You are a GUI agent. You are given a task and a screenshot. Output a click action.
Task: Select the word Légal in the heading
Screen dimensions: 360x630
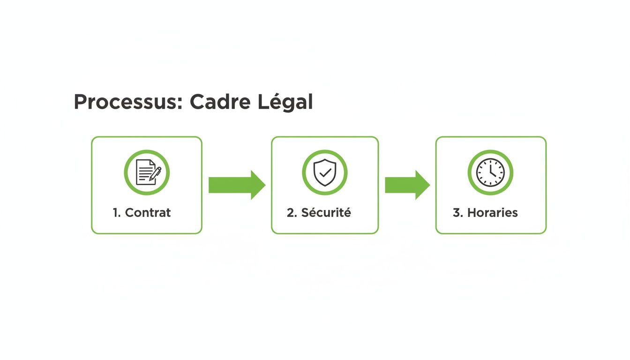coord(285,102)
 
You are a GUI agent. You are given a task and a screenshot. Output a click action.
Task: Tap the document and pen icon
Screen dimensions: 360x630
coord(147,172)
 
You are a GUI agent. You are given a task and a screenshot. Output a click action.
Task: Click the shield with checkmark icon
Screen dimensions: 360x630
coord(324,172)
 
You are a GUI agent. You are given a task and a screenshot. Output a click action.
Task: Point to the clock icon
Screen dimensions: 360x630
coord(490,172)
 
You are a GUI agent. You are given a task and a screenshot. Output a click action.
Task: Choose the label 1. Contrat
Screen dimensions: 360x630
coord(142,213)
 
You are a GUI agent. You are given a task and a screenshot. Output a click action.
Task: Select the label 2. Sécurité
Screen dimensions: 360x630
coord(319,213)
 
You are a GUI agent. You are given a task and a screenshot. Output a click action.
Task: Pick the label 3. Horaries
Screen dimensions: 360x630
coord(485,213)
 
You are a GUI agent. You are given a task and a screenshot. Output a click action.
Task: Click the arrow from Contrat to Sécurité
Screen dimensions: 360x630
coord(237,185)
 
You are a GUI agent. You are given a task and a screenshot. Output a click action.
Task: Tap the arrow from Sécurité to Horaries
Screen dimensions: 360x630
coord(407,185)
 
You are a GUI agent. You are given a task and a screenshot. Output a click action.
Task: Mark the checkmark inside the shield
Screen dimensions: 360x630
coord(324,172)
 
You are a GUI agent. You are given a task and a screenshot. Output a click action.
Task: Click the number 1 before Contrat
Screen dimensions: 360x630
coord(116,213)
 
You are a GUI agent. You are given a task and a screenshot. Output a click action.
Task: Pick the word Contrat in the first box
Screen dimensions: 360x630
coord(148,213)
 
